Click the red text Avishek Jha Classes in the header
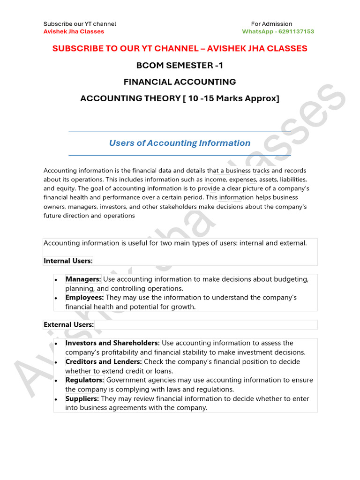click(74, 31)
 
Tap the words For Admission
click(271, 24)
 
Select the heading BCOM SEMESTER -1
click(180, 65)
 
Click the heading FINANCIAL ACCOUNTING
click(180, 82)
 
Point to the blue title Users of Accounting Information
click(180, 143)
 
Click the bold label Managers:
click(83, 279)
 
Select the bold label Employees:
click(84, 298)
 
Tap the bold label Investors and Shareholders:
click(112, 343)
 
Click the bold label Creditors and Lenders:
click(104, 362)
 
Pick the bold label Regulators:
click(85, 380)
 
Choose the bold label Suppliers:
click(82, 399)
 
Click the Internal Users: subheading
click(68, 261)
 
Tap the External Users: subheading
click(68, 324)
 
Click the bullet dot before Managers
click(56, 280)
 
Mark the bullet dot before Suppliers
click(56, 399)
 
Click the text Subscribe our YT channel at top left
click(80, 24)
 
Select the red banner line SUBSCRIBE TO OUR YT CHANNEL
click(180, 48)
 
